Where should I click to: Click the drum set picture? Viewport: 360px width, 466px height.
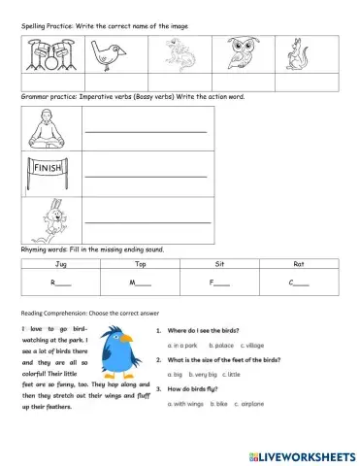pyautogui.click(x=45, y=55)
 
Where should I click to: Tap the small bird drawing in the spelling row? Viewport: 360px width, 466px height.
pyautogui.click(x=110, y=54)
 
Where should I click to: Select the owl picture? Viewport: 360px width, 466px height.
pyautogui.click(x=241, y=54)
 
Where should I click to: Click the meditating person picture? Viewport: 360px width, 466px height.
pyautogui.click(x=48, y=129)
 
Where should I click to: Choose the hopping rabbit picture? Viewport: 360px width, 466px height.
pyautogui.click(x=48, y=218)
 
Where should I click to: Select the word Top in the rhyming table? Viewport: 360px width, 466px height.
pyautogui.click(x=140, y=263)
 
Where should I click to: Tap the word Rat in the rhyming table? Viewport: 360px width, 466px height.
pyautogui.click(x=299, y=263)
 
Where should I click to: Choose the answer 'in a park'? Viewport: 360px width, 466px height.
pyautogui.click(x=183, y=345)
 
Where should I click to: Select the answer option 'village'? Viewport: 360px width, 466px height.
pyautogui.click(x=253, y=345)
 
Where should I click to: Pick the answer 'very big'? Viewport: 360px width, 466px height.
pyautogui.click(x=206, y=374)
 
